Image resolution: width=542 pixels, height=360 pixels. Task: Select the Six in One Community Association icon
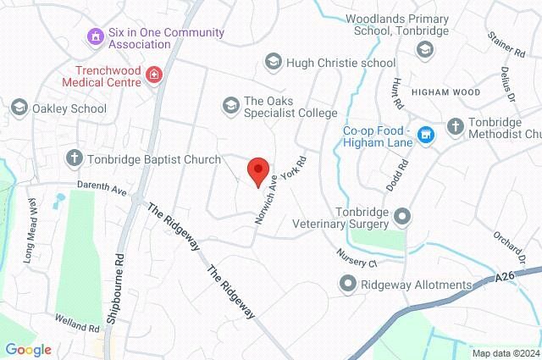coord(95,36)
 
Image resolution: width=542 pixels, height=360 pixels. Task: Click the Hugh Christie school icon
coord(273,62)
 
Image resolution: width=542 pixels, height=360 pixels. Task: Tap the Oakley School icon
coord(19,108)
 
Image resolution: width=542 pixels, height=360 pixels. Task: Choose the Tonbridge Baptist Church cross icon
coord(75,157)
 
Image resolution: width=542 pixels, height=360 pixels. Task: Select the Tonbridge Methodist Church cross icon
coord(455,125)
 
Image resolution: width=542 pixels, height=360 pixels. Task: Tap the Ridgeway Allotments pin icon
coord(347,285)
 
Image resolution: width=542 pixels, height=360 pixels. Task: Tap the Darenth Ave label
coord(101,191)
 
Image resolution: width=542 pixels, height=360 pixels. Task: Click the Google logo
coord(28,349)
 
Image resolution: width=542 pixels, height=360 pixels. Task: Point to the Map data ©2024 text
coord(505,352)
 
